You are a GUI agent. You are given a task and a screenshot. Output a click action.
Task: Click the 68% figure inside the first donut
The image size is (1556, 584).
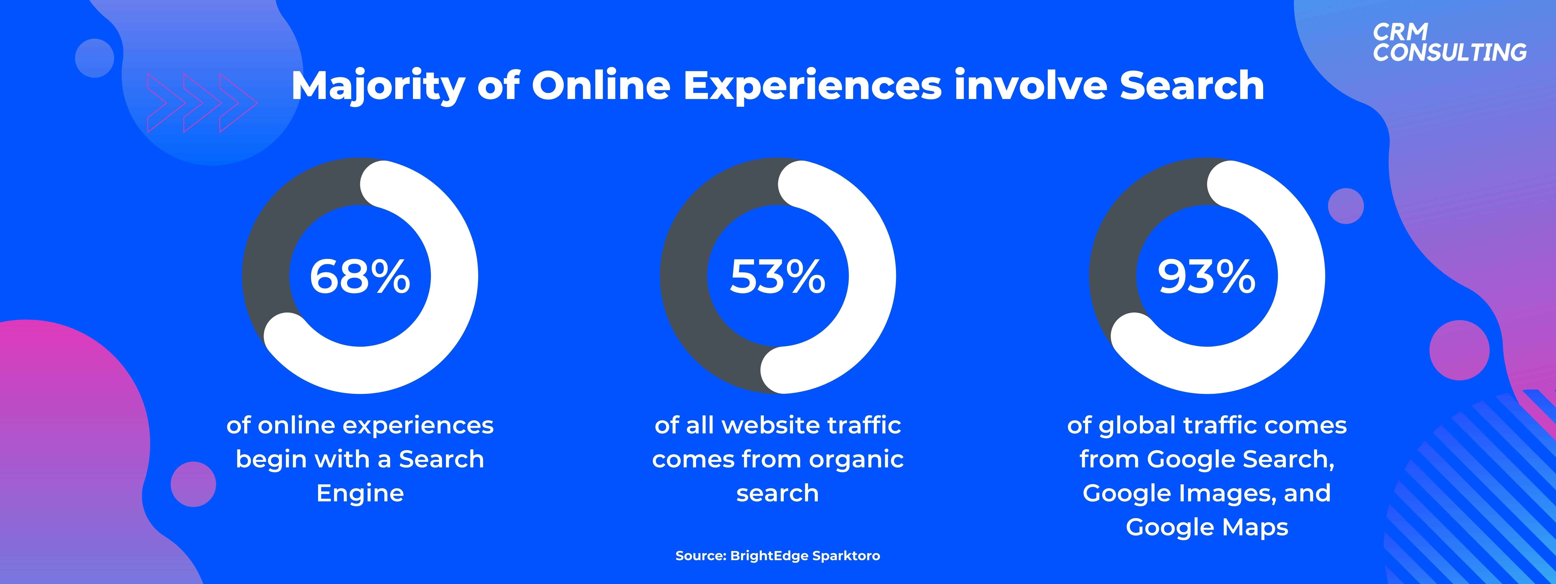tap(360, 277)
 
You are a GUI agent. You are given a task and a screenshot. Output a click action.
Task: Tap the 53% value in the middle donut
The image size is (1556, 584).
tap(777, 277)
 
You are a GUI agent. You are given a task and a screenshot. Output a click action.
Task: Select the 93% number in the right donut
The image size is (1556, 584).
tap(1206, 277)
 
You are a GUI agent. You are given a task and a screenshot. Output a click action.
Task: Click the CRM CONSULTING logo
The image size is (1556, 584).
tap(1450, 42)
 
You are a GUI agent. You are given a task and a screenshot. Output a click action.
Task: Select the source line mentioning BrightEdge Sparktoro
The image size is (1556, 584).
tap(777, 556)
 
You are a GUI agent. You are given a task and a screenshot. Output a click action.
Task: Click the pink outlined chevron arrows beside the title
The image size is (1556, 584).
tap(202, 103)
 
